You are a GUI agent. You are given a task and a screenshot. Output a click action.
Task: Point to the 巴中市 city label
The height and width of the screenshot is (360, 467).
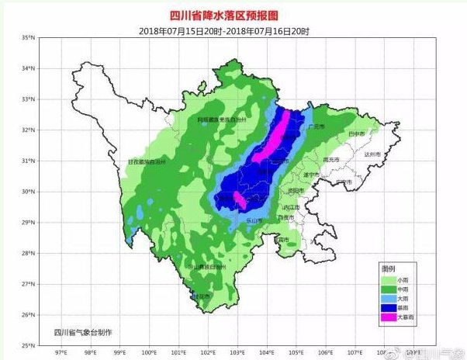click(x=358, y=134)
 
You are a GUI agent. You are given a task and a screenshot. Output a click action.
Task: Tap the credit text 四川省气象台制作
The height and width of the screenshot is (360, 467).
click(x=83, y=332)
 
